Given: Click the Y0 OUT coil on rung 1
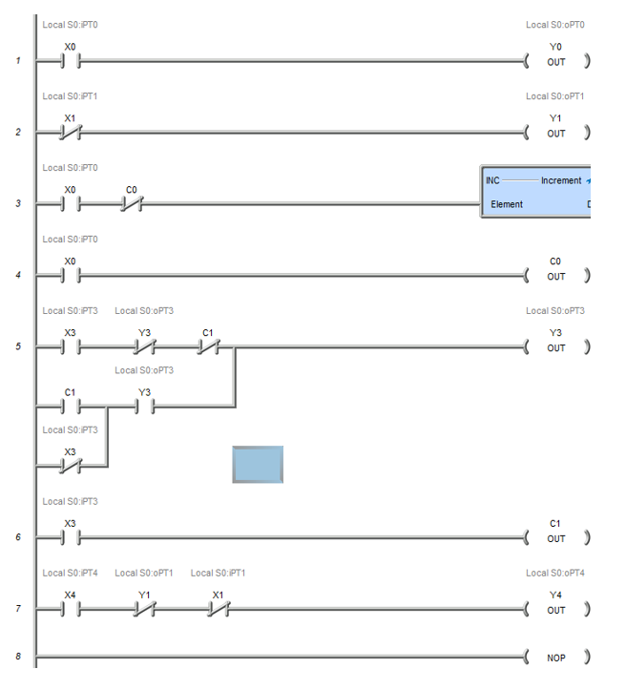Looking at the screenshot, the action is click(556, 61).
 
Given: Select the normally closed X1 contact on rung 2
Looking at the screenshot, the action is click(70, 133).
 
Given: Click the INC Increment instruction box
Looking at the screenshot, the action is click(535, 192).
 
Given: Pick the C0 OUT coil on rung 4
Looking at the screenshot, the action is click(556, 276).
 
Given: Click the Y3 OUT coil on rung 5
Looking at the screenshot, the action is click(556, 347).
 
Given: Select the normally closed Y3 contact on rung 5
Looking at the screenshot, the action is click(144, 347).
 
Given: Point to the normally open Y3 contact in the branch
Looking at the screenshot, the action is click(144, 407).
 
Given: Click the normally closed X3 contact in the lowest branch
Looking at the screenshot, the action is click(70, 466).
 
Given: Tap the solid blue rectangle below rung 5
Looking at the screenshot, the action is click(258, 464).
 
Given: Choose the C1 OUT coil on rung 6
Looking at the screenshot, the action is click(556, 538).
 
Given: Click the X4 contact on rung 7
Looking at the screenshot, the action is click(70, 609).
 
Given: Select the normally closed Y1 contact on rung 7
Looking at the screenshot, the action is click(144, 609).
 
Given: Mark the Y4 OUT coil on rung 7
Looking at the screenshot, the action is click(556, 609).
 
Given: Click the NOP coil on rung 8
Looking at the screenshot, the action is click(556, 658).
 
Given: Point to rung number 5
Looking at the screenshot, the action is click(18, 347).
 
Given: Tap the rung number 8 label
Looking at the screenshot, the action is click(18, 658).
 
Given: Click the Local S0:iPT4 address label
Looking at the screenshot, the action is click(70, 573).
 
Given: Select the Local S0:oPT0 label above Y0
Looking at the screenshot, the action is click(555, 25).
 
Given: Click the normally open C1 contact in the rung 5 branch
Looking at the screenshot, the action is click(70, 407).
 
